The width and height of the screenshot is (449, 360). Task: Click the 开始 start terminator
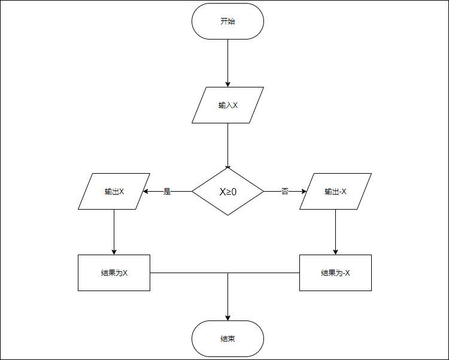tap(227, 21)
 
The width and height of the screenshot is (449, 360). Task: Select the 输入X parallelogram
tap(227, 105)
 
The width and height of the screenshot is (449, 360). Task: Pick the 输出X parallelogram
tap(114, 192)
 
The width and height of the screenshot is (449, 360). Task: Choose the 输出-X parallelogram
tap(335, 192)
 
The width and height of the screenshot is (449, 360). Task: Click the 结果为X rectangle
tap(114, 273)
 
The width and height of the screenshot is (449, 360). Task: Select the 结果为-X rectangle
tap(335, 273)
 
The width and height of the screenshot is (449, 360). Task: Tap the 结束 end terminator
tap(227, 338)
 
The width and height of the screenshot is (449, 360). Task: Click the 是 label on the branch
tap(167, 192)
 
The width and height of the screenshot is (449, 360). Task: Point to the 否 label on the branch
tap(285, 192)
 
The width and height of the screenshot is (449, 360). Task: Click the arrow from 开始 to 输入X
tap(227, 60)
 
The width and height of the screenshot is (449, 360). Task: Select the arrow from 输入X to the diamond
tap(227, 144)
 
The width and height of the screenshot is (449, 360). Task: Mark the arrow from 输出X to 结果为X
tap(114, 231)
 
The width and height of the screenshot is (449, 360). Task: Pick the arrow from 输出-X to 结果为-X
tap(335, 231)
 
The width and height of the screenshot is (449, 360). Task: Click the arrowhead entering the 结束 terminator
tap(227, 317)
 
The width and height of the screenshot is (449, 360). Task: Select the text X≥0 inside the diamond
tap(227, 192)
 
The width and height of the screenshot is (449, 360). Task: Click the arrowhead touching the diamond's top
tap(227, 168)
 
